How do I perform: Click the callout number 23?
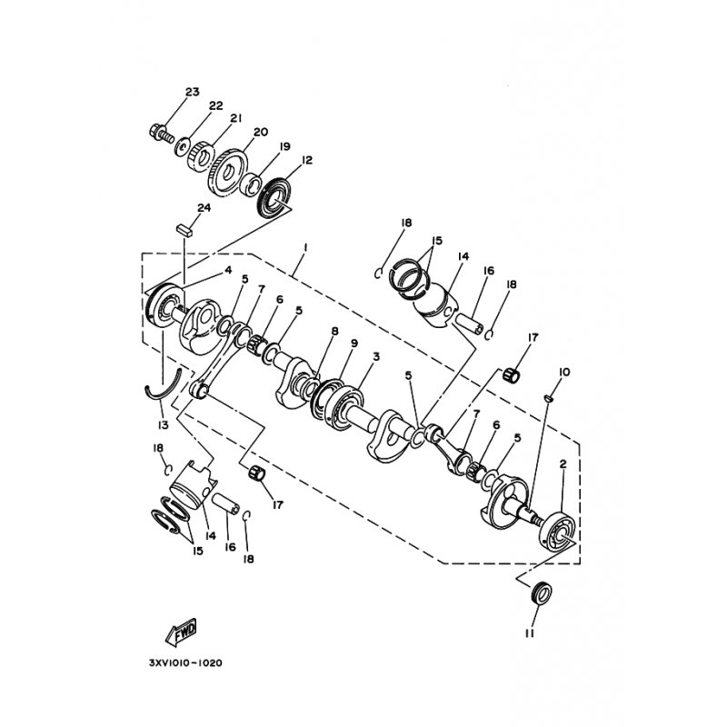[x=192, y=92]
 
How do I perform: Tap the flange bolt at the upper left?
[x=162, y=133]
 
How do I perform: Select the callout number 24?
[x=204, y=208]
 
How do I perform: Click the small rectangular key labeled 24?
[x=184, y=230]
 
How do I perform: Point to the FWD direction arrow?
[x=181, y=632]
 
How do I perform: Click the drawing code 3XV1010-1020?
[x=185, y=662]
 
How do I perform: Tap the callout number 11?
[x=530, y=633]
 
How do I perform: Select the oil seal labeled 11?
[x=541, y=593]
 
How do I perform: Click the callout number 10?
[x=564, y=373]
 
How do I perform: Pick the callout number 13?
[x=163, y=424]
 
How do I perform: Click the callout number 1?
[x=305, y=247]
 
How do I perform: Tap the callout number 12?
[x=306, y=160]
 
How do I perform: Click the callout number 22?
[x=215, y=105]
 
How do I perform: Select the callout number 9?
[x=354, y=344]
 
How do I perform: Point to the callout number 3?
[x=376, y=356]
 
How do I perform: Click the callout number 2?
[x=563, y=463]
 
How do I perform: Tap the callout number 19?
[x=284, y=146]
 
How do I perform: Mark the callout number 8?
[x=334, y=331]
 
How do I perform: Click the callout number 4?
[x=228, y=270]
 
